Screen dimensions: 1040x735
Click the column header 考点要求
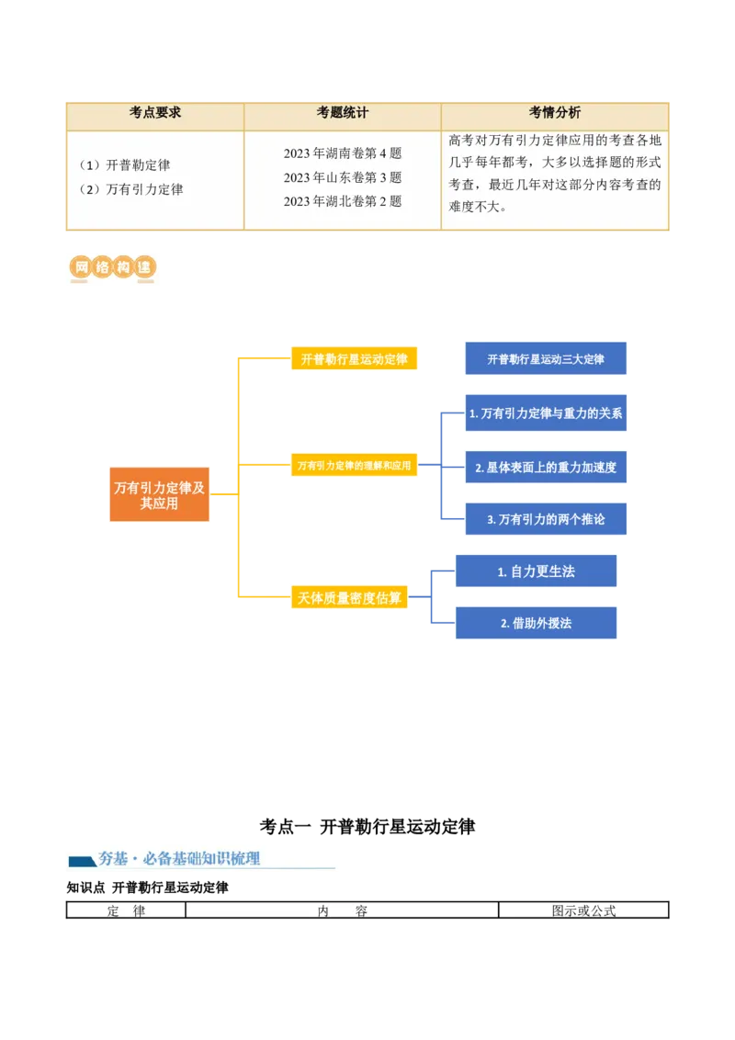point(155,113)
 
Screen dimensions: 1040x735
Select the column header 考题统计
point(343,113)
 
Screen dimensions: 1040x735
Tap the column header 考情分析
point(555,113)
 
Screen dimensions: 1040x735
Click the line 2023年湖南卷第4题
point(343,153)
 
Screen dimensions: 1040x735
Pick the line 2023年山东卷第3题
point(343,177)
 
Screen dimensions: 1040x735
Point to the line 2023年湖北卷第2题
point(343,201)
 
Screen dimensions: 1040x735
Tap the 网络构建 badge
point(112,267)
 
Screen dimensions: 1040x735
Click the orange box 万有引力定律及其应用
point(159,496)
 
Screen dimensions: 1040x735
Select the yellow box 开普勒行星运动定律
point(354,359)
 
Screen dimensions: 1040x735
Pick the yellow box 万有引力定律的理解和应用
point(354,466)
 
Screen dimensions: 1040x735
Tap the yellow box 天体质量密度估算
point(349,598)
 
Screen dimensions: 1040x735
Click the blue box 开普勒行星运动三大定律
point(546,359)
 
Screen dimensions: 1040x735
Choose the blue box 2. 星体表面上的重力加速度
point(546,468)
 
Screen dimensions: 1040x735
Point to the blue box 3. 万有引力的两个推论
point(546,519)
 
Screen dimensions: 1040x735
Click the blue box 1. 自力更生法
point(537,571)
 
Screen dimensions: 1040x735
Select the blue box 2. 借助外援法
point(537,623)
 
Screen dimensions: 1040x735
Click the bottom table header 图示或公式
point(583,911)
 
